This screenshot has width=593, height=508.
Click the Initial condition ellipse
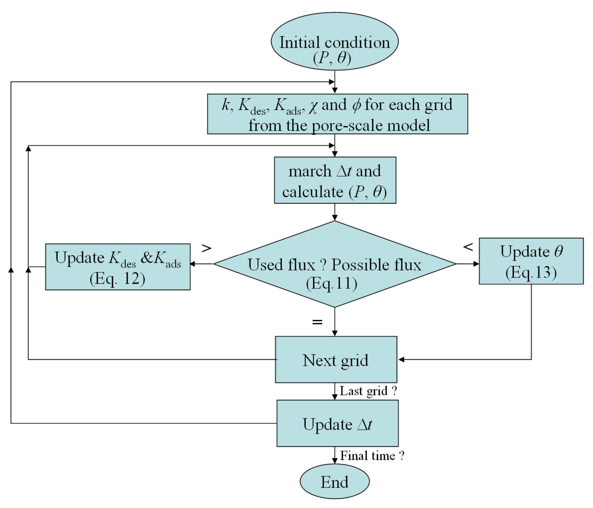334,41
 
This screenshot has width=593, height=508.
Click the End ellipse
334,481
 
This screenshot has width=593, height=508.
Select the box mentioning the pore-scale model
337,114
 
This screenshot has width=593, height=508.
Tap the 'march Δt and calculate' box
335,180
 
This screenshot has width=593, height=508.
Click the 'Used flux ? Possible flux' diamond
334,264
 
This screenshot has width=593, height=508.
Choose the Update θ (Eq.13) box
531,261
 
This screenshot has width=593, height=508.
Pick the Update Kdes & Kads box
118,267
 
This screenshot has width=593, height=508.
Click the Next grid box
336,359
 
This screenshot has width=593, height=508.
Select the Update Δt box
337,423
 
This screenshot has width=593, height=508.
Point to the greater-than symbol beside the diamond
207,248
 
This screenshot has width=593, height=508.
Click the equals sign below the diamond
317,322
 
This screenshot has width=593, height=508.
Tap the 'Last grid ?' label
368,391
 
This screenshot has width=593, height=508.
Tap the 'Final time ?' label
372,456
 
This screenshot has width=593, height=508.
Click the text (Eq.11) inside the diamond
332,283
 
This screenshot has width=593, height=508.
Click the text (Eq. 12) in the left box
117,278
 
